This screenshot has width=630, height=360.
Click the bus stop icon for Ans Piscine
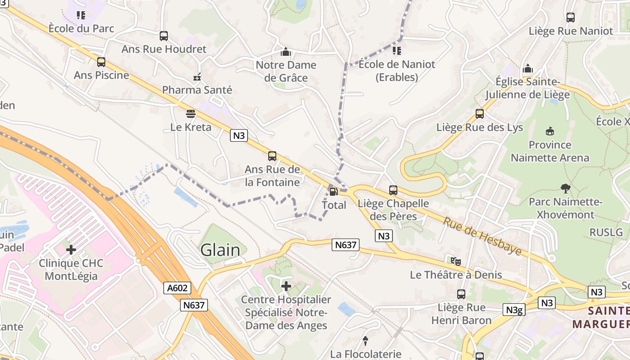click(101, 62)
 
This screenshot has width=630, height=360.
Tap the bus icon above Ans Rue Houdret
click(164, 36)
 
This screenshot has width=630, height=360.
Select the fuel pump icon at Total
click(333, 192)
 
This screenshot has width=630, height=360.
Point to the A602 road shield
click(177, 288)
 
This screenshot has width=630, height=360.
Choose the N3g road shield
click(513, 310)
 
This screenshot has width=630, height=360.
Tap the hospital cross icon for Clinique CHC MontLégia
click(71, 250)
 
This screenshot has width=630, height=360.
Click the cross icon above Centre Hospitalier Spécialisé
click(286, 286)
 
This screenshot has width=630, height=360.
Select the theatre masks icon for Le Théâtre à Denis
click(456, 261)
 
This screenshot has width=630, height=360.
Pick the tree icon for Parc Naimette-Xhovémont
click(565, 188)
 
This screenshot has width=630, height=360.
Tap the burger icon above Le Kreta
click(191, 114)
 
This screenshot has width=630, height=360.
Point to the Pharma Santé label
click(197, 90)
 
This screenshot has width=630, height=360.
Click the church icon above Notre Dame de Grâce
click(286, 52)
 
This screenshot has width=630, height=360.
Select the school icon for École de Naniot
click(396, 51)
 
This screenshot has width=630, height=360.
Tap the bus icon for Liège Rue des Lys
click(480, 114)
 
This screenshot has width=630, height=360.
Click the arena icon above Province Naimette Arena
click(549, 131)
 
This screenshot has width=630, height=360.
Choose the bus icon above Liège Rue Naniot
click(571, 18)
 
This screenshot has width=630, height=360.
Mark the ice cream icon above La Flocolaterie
click(365, 341)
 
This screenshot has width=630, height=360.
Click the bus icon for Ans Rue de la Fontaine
click(272, 156)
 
